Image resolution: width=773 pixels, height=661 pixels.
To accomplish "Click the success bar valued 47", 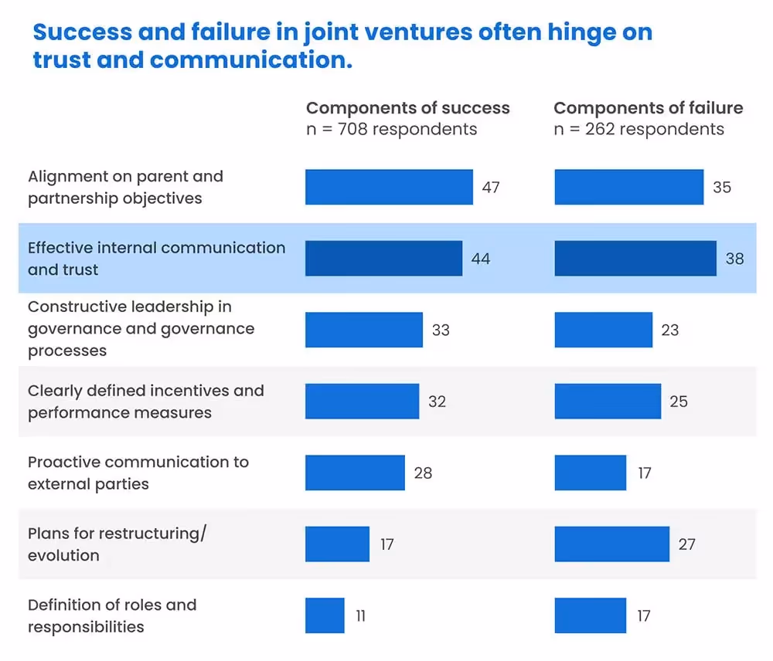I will tap(389, 187).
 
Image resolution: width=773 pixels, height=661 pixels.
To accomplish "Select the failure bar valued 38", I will tap(635, 258).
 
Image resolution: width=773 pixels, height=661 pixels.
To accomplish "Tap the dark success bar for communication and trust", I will tap(383, 258).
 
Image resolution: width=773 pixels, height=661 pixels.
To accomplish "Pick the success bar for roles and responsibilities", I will tap(325, 615).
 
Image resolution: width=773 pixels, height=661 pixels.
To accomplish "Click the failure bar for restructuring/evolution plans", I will tap(611, 544).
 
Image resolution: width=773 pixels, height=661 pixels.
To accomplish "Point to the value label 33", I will tap(441, 330).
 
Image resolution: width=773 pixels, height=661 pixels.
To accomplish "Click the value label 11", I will tap(360, 615).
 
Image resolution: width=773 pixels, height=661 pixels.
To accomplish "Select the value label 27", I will tap(686, 544).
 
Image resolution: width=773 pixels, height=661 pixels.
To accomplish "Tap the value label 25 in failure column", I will tap(678, 402).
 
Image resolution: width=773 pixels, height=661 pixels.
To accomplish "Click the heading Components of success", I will tap(407, 108).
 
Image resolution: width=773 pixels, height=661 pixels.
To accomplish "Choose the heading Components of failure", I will tap(648, 108).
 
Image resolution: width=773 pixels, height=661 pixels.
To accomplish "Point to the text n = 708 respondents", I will tap(391, 129).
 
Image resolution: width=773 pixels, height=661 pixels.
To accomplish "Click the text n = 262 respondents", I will tap(638, 129).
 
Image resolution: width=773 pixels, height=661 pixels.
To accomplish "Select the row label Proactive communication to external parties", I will tap(138, 473).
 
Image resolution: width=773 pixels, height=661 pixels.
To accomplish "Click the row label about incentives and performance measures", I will tap(145, 402).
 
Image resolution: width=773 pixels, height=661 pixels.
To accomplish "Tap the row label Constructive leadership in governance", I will tap(141, 329).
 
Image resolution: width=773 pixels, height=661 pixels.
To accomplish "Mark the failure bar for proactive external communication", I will tap(591, 473).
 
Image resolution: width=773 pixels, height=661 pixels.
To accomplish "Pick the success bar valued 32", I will tap(362, 402).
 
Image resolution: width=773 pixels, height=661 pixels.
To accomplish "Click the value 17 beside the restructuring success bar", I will tap(386, 544).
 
